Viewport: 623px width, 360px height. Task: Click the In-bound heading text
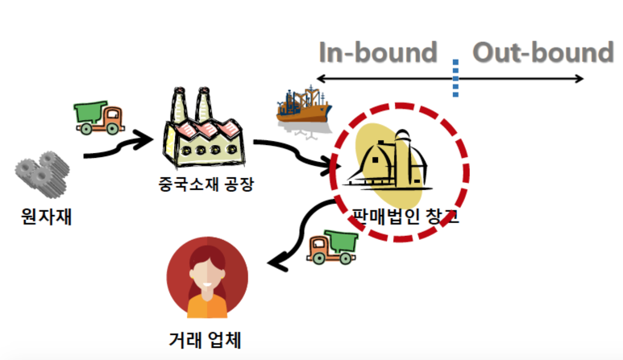pyautogui.click(x=377, y=52)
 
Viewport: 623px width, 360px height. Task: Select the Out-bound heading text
pyautogui.click(x=542, y=52)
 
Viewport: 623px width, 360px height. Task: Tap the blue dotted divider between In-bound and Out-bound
pyautogui.click(x=456, y=79)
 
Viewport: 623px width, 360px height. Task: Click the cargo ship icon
pyautogui.click(x=303, y=107)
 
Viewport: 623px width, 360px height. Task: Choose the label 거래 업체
pyautogui.click(x=206, y=341)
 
